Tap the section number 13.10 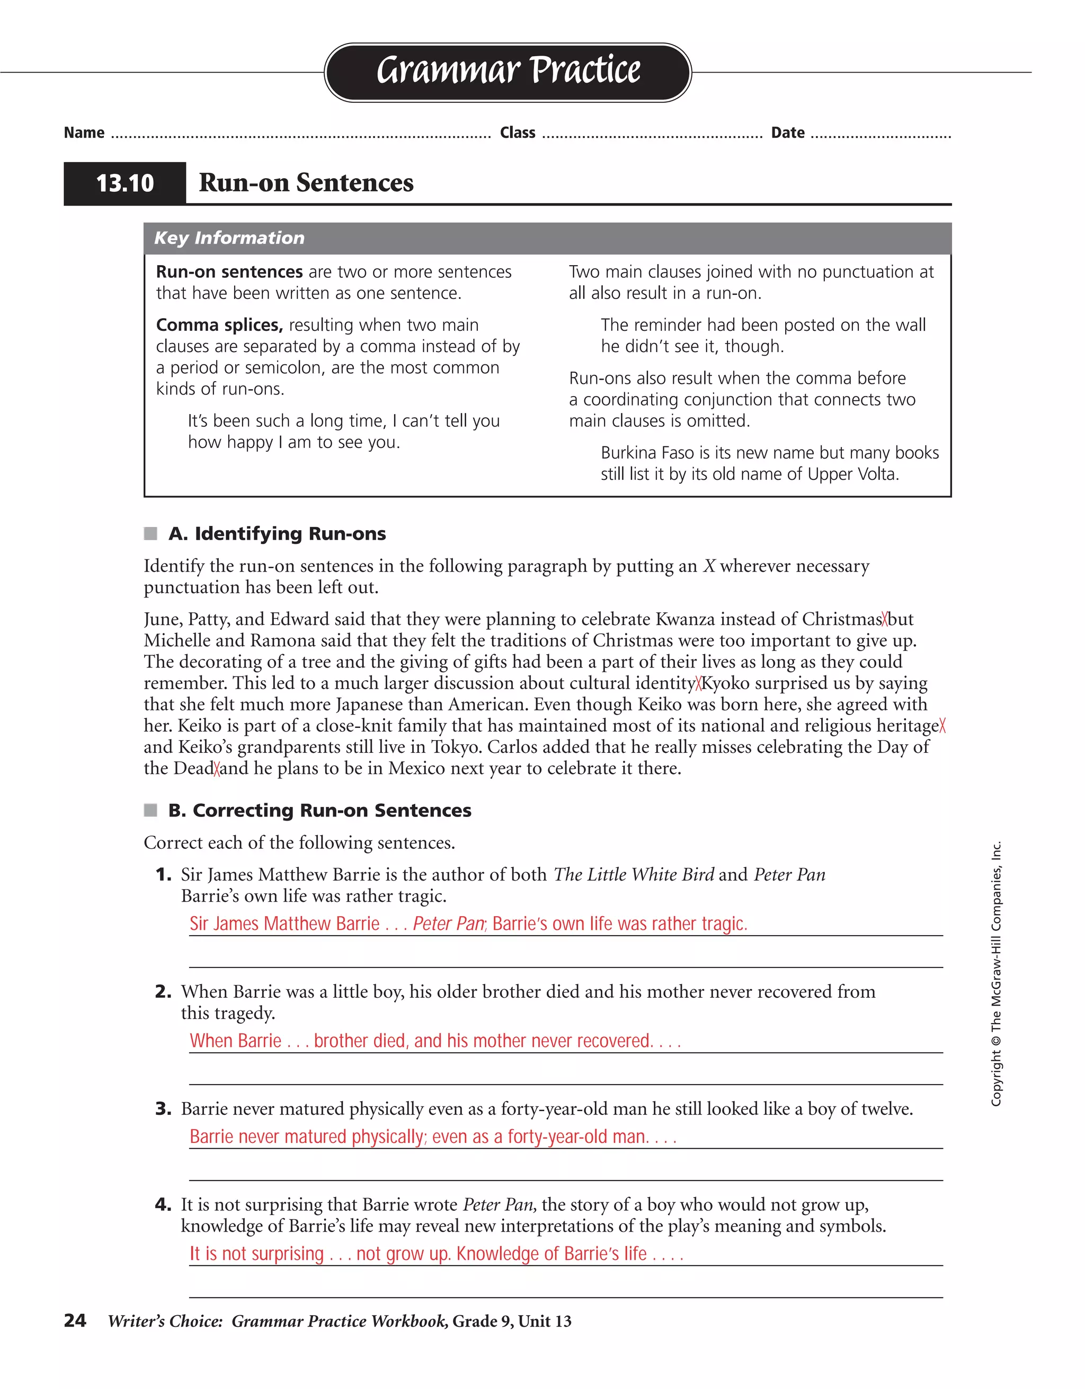click(124, 183)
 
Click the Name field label click(84, 133)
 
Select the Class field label click(518, 133)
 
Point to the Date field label click(788, 133)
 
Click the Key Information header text click(229, 238)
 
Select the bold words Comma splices click(219, 325)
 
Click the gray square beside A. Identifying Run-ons click(150, 533)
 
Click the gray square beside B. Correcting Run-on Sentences click(150, 810)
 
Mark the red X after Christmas click(885, 619)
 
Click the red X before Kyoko click(698, 683)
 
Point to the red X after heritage click(942, 726)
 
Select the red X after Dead click(217, 768)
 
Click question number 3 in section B click(163, 1109)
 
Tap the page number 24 click(75, 1321)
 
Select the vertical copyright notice click(996, 973)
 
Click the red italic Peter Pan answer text click(449, 924)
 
